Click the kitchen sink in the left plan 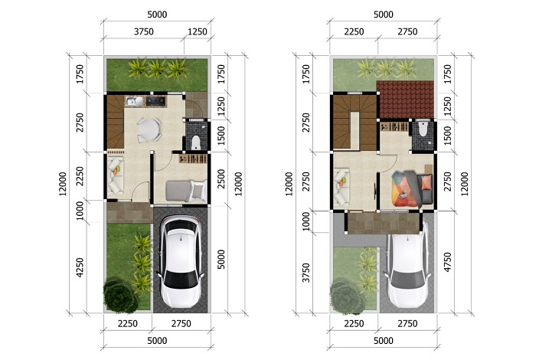pyautogui.click(x=134, y=101)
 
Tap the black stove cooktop pyautogui.click(x=155, y=100)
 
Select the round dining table pyautogui.click(x=149, y=129)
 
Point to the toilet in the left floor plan pyautogui.click(x=196, y=142)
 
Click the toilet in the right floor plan pyautogui.click(x=423, y=129)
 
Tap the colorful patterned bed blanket pyautogui.click(x=405, y=188)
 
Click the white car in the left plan pyautogui.click(x=180, y=262)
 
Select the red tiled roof pyautogui.click(x=405, y=100)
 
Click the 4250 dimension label pyautogui.click(x=80, y=267)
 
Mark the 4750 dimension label pyautogui.click(x=447, y=262)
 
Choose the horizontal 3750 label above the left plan pyautogui.click(x=144, y=31)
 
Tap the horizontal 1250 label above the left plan pyautogui.click(x=198, y=31)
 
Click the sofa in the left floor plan pyautogui.click(x=115, y=175)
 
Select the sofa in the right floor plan pyautogui.click(x=341, y=187)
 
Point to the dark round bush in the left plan pyautogui.click(x=120, y=297)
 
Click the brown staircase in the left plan pyautogui.click(x=115, y=122)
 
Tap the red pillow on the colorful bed pyautogui.click(x=426, y=182)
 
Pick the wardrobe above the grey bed pyautogui.click(x=193, y=159)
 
